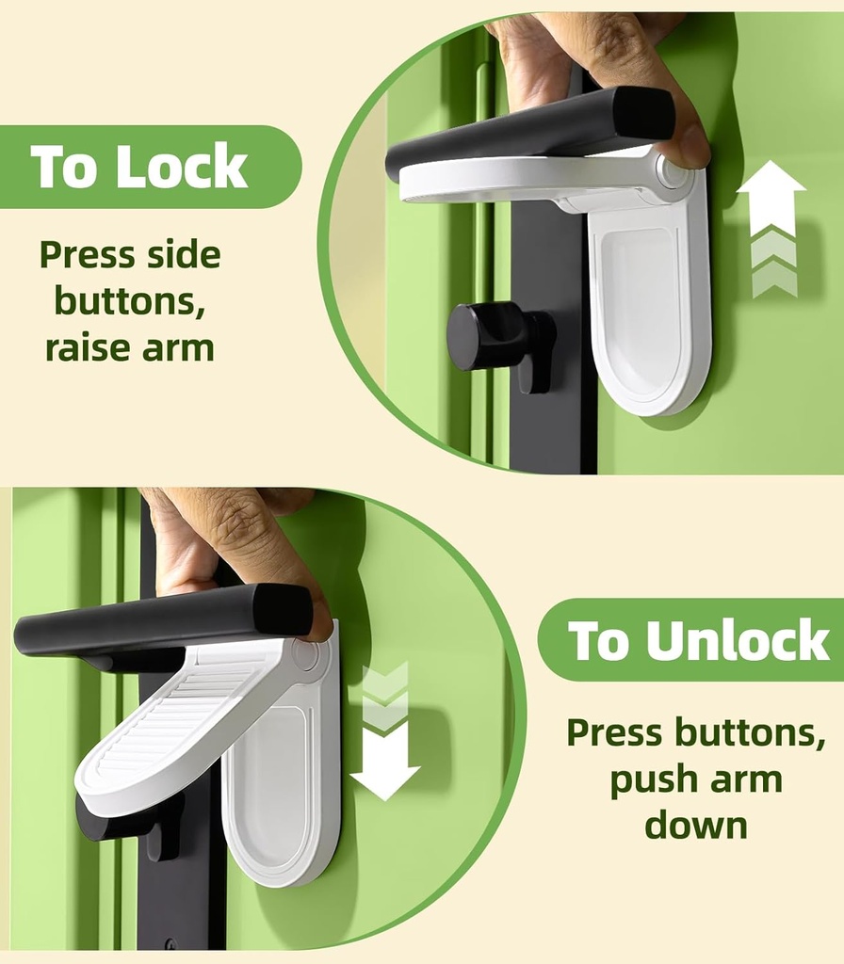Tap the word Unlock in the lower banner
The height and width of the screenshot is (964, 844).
pos(737,642)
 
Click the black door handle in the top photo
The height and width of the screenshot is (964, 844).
pos(527,132)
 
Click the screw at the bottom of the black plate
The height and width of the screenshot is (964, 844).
pos(171,942)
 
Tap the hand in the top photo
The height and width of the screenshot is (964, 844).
pos(603,56)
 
